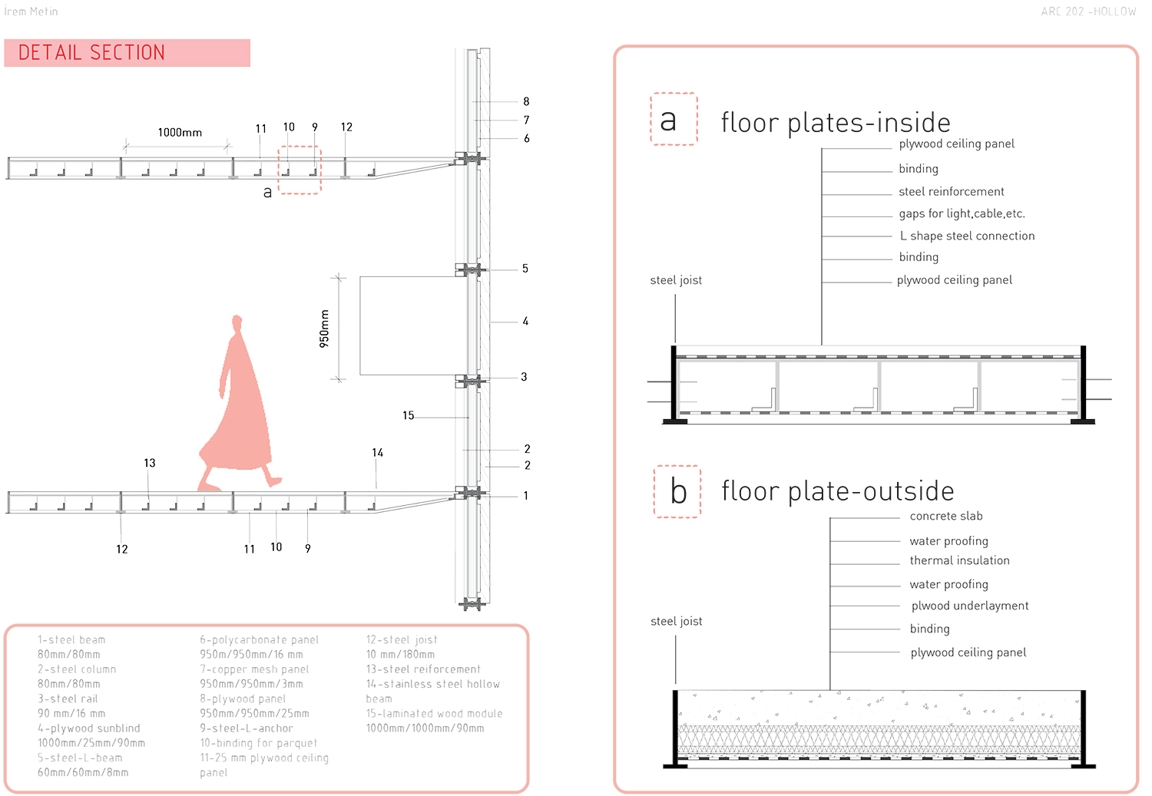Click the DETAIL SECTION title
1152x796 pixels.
click(x=91, y=52)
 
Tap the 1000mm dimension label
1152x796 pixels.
click(x=180, y=132)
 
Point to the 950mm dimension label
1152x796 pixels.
click(x=324, y=329)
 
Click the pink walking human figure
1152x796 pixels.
click(x=237, y=407)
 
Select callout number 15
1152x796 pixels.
click(x=408, y=415)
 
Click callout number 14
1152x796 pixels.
click(x=377, y=453)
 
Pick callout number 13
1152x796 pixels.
click(x=150, y=463)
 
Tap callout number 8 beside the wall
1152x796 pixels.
click(x=526, y=101)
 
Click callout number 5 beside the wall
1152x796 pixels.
click(x=525, y=269)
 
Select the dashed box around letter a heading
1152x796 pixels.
click(x=674, y=119)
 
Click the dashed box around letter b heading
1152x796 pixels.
click(x=677, y=491)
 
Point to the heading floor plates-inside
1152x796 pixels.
click(x=836, y=123)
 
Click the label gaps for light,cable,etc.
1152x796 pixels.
click(x=962, y=213)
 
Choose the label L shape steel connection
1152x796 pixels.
click(x=967, y=236)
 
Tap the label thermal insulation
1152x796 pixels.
click(x=959, y=560)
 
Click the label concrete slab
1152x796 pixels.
click(x=946, y=516)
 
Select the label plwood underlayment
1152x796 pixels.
click(x=970, y=606)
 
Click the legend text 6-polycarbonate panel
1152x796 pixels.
click(x=259, y=639)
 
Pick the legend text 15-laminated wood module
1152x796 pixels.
click(x=434, y=713)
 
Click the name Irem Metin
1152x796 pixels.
click(x=31, y=12)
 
